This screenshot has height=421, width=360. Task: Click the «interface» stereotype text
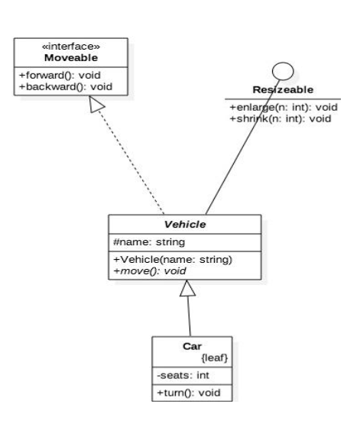coord(71,47)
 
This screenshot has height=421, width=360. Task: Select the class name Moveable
coord(71,58)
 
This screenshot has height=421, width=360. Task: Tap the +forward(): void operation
coord(60,75)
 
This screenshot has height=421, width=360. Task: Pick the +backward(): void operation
coord(66,87)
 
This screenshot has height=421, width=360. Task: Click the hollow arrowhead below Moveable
coord(96,105)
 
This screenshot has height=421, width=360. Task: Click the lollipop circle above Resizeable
coord(283,71)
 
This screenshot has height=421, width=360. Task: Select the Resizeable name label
coord(283,89)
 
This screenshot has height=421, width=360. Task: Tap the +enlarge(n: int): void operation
coord(284,108)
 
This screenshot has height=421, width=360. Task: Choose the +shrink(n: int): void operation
coord(281,118)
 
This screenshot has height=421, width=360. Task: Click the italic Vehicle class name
coord(185,224)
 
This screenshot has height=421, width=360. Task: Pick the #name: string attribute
coord(149,242)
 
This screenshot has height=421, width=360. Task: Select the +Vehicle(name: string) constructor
coord(173,260)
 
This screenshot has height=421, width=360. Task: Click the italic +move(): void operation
coord(150,271)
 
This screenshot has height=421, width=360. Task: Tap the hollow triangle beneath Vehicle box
coord(187,288)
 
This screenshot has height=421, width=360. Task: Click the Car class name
coord(192,346)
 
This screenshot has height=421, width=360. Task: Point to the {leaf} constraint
coord(214,358)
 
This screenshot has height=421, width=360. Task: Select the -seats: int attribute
coord(183,375)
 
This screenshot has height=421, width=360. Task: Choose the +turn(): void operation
coord(188,393)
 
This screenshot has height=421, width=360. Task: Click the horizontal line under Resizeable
coord(283,99)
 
